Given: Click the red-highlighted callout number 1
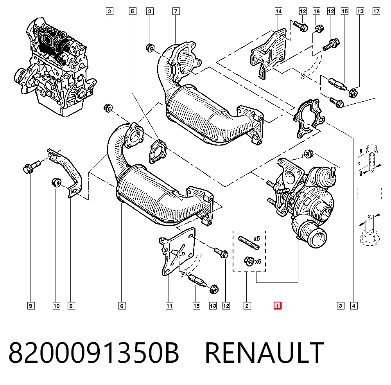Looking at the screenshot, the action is point(277,306).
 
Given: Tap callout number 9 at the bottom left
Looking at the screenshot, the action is point(30,306).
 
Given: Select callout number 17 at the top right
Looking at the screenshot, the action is point(376,11).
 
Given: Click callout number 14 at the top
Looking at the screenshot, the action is point(278,11).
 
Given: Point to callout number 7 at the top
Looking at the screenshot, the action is point(176,11).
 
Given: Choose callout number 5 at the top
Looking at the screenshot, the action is point(133,11).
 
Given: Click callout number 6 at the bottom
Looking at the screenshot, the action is point(122,306).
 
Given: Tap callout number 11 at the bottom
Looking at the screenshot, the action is point(169,306).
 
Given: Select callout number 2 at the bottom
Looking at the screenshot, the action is point(247,306).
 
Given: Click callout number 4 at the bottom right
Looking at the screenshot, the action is point(354,306).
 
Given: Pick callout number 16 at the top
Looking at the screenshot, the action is point(316,11).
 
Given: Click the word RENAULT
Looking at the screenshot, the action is point(264,353).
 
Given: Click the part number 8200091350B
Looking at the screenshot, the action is point(94,353).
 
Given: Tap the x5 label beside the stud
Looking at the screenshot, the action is point(256,239).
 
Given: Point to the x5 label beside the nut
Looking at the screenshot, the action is point(258,261).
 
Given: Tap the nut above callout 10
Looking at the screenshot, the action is point(56,182).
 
